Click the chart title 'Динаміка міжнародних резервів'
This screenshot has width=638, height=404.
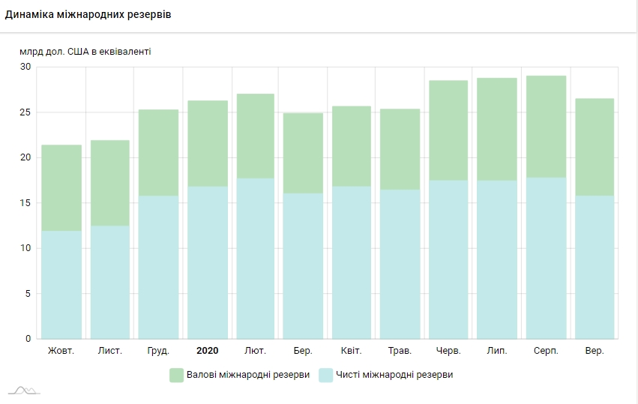click(x=88, y=15)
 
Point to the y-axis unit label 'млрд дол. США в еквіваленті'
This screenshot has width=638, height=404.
click(x=86, y=52)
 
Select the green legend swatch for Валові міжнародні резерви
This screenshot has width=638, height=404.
click(x=176, y=375)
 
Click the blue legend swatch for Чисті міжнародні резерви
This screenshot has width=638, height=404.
click(x=326, y=375)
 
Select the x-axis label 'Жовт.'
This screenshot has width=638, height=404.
click(x=61, y=351)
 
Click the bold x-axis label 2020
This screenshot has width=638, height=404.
click(x=207, y=351)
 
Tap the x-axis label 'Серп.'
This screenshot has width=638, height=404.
click(x=545, y=351)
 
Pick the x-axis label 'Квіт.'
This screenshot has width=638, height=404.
click(x=351, y=351)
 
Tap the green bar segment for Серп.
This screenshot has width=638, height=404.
click(x=546, y=127)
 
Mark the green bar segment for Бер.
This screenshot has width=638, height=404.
click(x=303, y=153)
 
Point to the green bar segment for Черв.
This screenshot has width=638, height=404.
click(x=448, y=130)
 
